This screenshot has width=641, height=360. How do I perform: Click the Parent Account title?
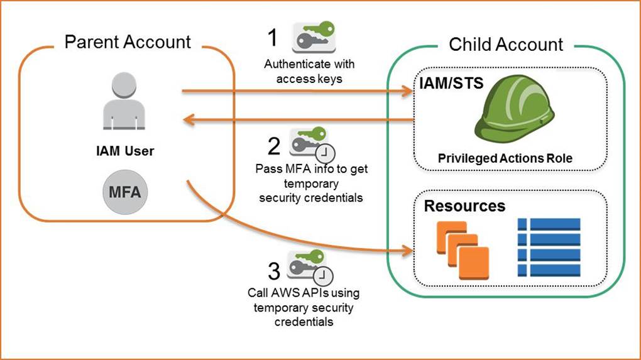pyautogui.click(x=128, y=41)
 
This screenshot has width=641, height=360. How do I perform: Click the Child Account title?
pyautogui.click(x=506, y=44)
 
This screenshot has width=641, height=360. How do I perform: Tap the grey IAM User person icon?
pyautogui.click(x=124, y=101)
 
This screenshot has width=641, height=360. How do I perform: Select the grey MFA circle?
pyautogui.click(x=125, y=192)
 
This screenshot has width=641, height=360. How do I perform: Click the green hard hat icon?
pyautogui.click(x=514, y=109)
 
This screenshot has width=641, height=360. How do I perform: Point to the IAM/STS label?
pyautogui.click(x=451, y=83)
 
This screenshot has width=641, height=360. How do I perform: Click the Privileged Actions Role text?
pyautogui.click(x=505, y=158)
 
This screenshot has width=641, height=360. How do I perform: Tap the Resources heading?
pyautogui.click(x=464, y=206)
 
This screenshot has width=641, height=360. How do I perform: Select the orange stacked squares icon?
pyautogui.click(x=463, y=250)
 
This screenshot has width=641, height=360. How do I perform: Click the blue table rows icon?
pyautogui.click(x=549, y=247)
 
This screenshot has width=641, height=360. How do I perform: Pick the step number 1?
pyautogui.click(x=273, y=38)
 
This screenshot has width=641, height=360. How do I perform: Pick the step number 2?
pyautogui.click(x=274, y=146)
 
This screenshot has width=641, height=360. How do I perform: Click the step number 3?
pyautogui.click(x=274, y=271)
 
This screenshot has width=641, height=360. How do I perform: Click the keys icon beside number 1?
pyautogui.click(x=314, y=37)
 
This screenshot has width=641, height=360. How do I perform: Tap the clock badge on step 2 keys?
pyautogui.click(x=326, y=154)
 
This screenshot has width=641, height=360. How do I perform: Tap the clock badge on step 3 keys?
pyautogui.click(x=323, y=276)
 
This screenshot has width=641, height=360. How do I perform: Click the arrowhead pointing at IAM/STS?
pyautogui.click(x=408, y=91)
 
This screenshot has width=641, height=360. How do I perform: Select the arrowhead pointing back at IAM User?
pyautogui.click(x=189, y=120)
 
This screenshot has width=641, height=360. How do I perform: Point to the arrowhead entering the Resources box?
pyautogui.click(x=408, y=251)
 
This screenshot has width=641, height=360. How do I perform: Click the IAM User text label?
pyautogui.click(x=125, y=151)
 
